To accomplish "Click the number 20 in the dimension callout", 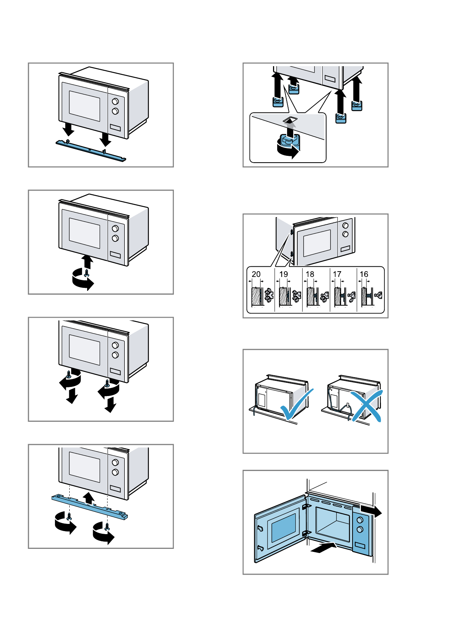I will [256, 274].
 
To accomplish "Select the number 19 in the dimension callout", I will [283, 274].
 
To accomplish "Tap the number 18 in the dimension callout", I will [310, 274].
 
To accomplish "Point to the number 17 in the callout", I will [337, 274].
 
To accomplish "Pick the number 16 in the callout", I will [364, 274].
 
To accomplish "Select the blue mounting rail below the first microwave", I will [91, 150].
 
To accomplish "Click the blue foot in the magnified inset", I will [289, 141].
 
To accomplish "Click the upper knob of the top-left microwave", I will [115, 101].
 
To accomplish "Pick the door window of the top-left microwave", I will [84, 106].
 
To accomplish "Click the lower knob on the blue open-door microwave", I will [360, 529].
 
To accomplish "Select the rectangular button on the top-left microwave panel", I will [115, 127].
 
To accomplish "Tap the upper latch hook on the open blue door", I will [260, 528].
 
